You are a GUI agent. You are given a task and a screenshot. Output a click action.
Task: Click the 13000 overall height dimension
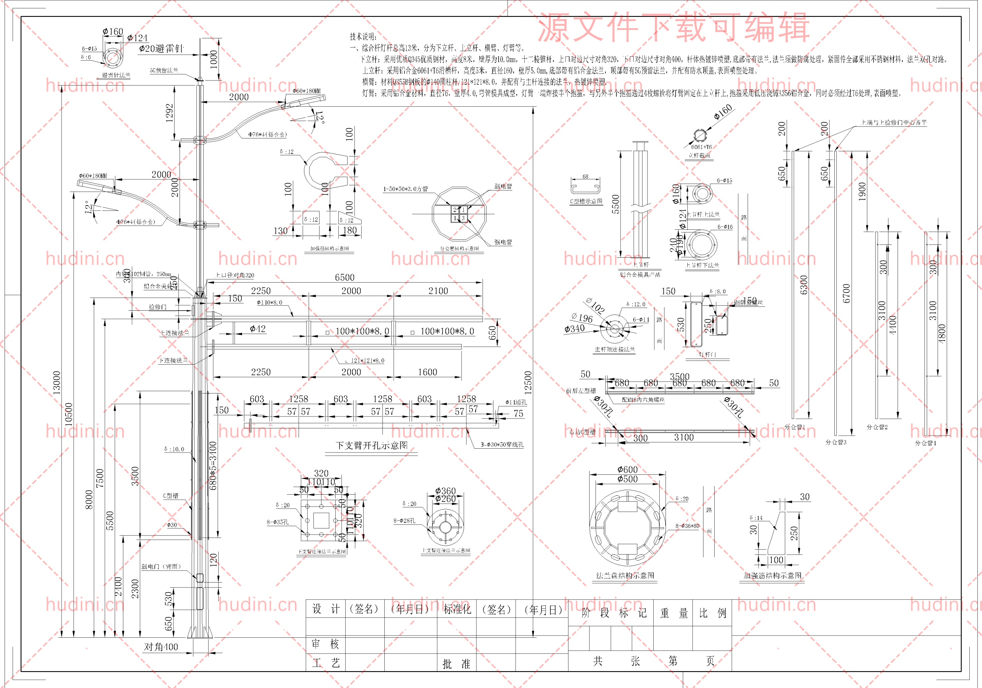click(x=56, y=382)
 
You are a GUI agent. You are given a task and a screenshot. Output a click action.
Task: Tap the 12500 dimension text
click(x=528, y=382)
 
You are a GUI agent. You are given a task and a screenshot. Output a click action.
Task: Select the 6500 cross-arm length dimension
click(x=345, y=278)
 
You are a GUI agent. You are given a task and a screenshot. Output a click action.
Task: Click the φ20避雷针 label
click(x=161, y=49)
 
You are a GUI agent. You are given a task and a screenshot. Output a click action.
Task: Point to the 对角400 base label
click(x=161, y=647)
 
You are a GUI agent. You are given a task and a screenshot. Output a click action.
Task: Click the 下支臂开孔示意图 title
click(x=372, y=446)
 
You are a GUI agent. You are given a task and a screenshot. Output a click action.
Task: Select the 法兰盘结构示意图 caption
click(x=625, y=576)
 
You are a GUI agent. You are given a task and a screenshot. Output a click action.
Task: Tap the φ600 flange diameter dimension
click(x=628, y=469)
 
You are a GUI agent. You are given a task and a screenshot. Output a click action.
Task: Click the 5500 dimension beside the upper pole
click(x=615, y=204)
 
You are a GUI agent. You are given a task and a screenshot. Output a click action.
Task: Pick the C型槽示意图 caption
click(x=586, y=201)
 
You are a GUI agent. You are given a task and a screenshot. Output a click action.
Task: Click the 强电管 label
click(x=503, y=242)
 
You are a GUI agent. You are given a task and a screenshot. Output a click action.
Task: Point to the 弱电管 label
click(x=503, y=186)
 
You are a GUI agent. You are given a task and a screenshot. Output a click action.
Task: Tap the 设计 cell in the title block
click(x=326, y=609)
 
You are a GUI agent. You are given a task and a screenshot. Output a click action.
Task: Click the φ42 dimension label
click(x=257, y=329)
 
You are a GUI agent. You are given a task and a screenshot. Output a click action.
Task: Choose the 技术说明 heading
click(x=363, y=37)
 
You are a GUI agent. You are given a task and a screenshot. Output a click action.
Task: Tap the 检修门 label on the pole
click(x=157, y=307)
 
